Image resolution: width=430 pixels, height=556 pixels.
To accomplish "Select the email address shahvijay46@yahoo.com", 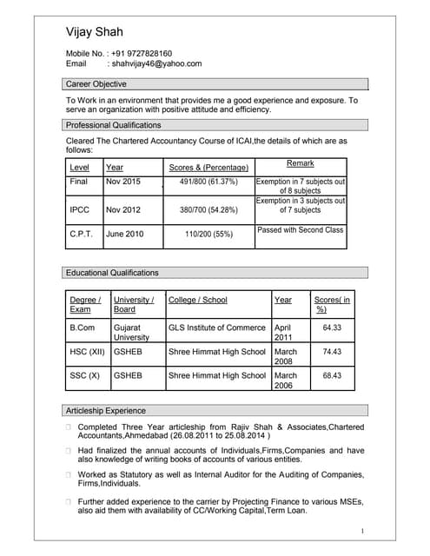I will point(155,63).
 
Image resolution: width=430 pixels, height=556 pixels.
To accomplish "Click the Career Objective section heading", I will point(96,84).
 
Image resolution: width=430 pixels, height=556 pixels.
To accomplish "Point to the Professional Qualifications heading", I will point(114,125).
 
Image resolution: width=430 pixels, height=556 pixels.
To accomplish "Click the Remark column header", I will point(300,163).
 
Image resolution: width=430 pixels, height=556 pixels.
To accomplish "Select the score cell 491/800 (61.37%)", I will point(208,182).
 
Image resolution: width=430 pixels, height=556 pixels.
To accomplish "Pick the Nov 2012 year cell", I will point(122,210).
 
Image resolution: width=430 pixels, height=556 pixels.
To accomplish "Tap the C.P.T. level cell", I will point(81,234).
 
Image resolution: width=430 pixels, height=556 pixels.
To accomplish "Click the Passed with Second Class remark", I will point(301,230).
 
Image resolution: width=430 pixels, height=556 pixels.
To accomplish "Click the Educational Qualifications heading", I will point(113,273).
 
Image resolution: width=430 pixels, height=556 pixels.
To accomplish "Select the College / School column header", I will point(198,300).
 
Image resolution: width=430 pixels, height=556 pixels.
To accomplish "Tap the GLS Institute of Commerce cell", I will point(217,328).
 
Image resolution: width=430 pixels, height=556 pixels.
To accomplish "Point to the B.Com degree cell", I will point(82,328).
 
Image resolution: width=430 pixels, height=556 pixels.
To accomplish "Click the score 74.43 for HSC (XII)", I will point(332,352).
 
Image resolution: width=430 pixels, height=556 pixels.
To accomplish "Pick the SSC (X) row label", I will point(84,376).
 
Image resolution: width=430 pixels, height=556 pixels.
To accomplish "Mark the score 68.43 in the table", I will point(332,376).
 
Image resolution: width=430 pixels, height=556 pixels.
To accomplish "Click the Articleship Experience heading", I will point(106,410).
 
